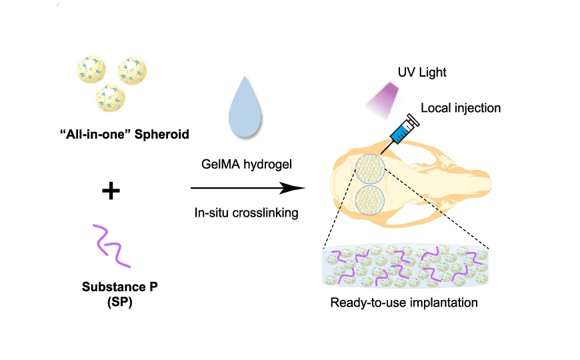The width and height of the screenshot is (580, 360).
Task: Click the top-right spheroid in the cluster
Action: (132, 70)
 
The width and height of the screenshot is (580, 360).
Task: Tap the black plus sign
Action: (111, 192)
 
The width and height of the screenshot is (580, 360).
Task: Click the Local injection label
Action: (461, 107)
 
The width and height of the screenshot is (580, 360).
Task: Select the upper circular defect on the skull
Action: (370, 169)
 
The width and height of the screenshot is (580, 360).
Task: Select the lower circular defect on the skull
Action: (370, 201)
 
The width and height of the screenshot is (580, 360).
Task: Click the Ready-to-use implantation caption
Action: (405, 302)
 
